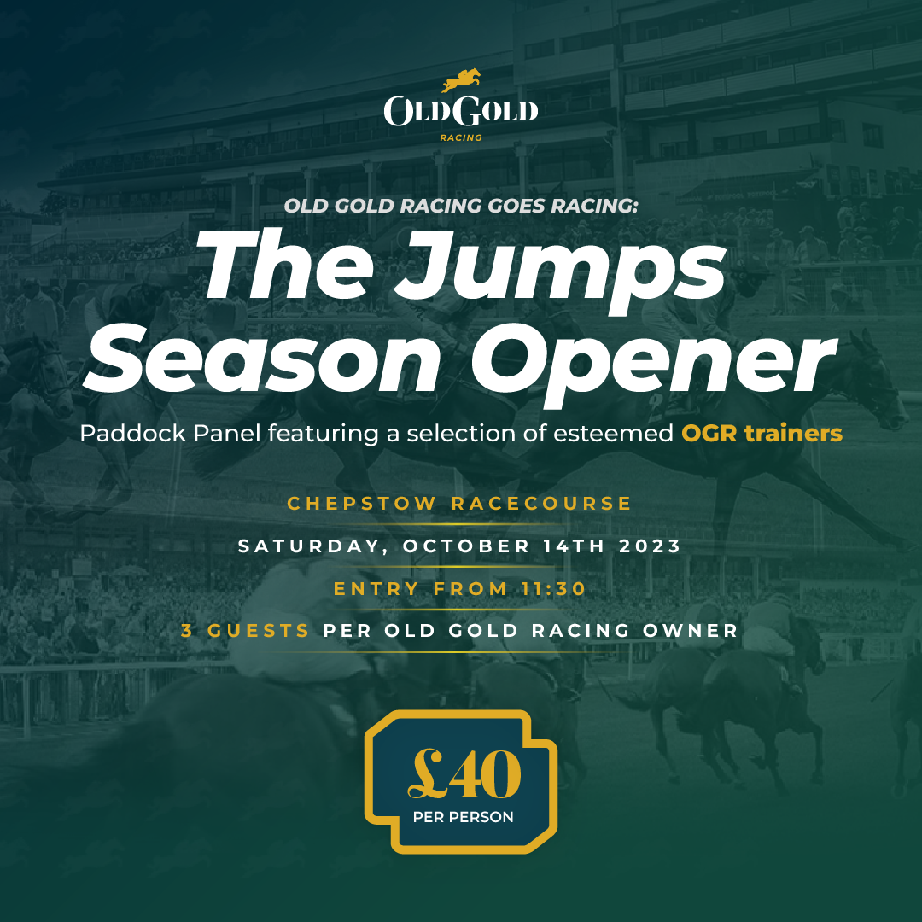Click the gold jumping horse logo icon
[x=461, y=81]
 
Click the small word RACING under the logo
[x=461, y=137]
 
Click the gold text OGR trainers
[x=762, y=434]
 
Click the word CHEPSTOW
[x=363, y=504]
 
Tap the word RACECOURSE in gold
[x=541, y=504]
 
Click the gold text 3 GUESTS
[x=246, y=632]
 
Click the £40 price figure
[x=464, y=775]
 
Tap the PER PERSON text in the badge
[x=464, y=817]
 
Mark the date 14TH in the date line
[x=569, y=546]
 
